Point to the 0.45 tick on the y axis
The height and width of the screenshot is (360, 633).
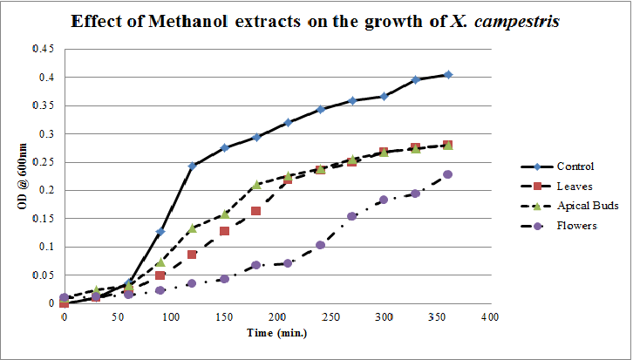click(x=43, y=49)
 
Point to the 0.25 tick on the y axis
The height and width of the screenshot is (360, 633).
click(x=43, y=162)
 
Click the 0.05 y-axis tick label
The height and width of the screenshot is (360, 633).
click(x=43, y=275)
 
